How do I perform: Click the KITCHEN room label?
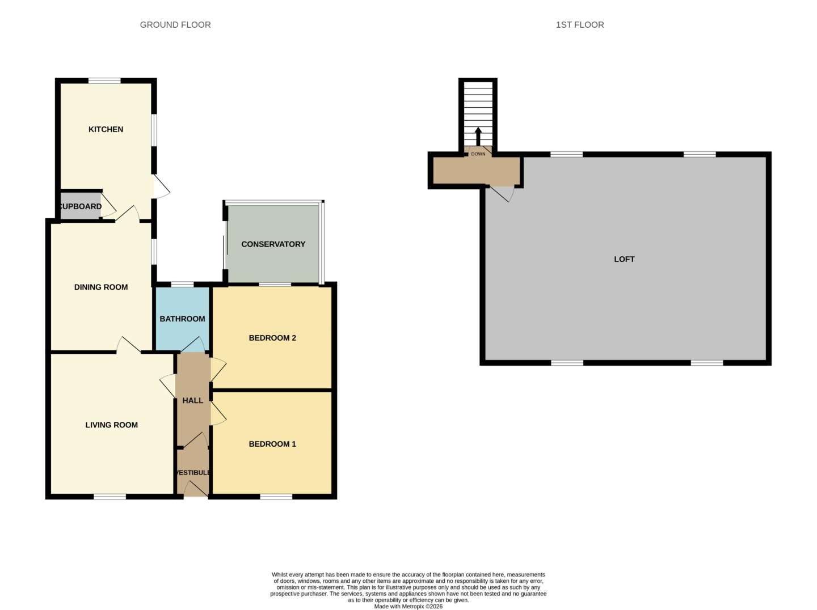(106, 129)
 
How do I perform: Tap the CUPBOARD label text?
(81, 206)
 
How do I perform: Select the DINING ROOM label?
(101, 287)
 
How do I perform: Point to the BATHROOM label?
(182, 319)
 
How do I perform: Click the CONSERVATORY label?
(273, 244)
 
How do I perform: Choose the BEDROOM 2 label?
(272, 338)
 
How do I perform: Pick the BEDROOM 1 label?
(272, 444)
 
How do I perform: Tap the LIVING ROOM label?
(111, 425)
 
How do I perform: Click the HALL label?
(192, 401)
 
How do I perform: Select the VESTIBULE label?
(193, 473)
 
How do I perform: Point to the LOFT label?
(624, 259)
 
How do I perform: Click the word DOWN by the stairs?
(478, 154)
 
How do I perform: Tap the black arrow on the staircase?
(478, 137)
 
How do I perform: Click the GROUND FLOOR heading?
(175, 25)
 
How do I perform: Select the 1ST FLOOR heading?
(579, 25)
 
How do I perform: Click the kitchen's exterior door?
(161, 187)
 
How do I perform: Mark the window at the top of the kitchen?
(104, 81)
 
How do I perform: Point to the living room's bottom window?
(110, 497)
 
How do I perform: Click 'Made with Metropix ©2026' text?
(408, 606)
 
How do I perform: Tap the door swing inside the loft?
(503, 193)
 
